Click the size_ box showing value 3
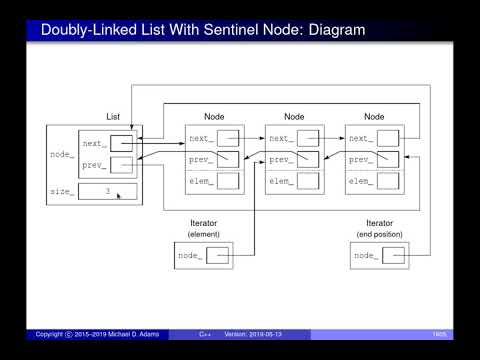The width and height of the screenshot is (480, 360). pyautogui.click(x=108, y=191)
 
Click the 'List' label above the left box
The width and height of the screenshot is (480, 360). pyautogui.click(x=113, y=117)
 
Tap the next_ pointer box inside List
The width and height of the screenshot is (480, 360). pyautogui.click(x=121, y=144)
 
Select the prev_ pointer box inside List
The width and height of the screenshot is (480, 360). pyautogui.click(x=121, y=165)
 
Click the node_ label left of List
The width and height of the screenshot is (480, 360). pyautogui.click(x=61, y=155)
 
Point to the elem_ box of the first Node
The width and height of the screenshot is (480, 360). pyautogui.click(x=228, y=182)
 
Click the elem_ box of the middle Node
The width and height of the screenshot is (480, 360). pyautogui.click(x=308, y=182)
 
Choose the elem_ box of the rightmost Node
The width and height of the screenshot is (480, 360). pyautogui.click(x=388, y=182)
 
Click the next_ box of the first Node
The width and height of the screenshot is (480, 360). pyautogui.click(x=228, y=138)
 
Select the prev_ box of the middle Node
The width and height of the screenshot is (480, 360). pyautogui.click(x=308, y=160)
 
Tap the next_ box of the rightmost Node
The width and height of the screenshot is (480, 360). pyautogui.click(x=388, y=138)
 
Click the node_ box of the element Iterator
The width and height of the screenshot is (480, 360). pyautogui.click(x=219, y=256)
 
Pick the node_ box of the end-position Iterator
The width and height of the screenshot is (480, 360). pyautogui.click(x=395, y=256)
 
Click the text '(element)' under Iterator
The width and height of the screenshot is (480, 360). pyautogui.click(x=203, y=233)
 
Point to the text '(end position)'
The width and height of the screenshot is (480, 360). pyautogui.click(x=379, y=233)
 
